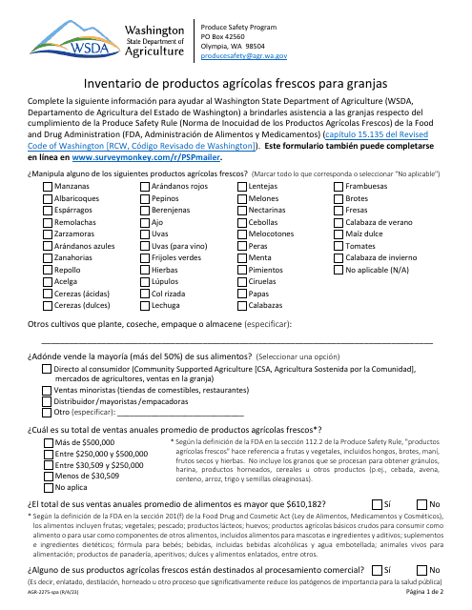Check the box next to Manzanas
[x=48, y=188]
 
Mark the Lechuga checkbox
[x=143, y=306]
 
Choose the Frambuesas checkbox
[x=339, y=188]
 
